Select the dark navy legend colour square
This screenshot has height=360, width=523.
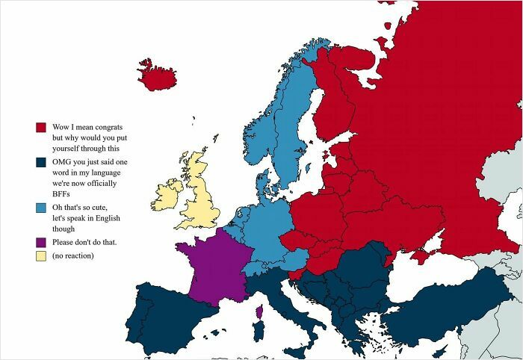40,162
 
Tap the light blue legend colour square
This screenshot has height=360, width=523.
40,207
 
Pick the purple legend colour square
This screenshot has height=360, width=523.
40,243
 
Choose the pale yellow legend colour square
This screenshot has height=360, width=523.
40,256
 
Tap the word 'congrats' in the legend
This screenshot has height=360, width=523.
110,127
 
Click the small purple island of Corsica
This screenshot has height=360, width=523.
259,311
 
